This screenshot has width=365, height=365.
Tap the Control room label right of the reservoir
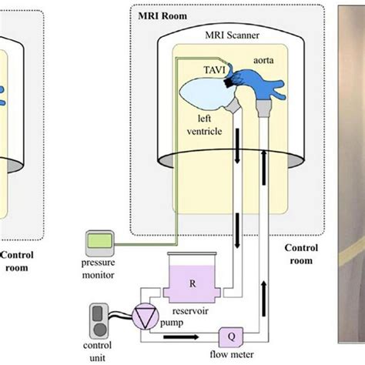pos(300,254)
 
